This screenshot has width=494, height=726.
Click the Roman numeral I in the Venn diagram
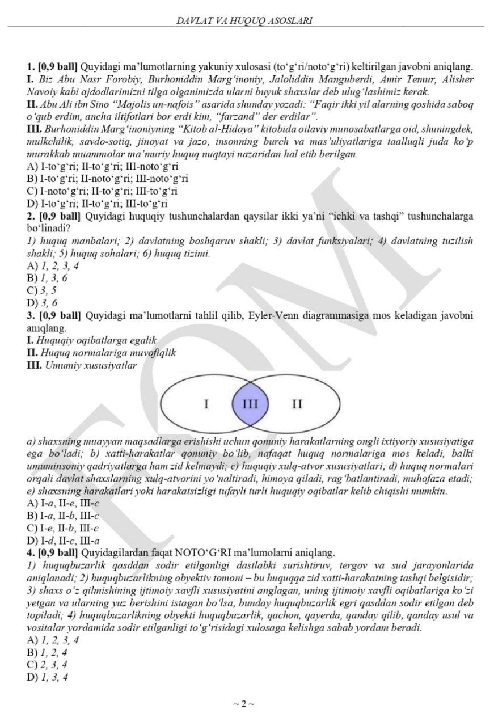click(206, 404)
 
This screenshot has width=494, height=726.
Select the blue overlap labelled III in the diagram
click(250, 404)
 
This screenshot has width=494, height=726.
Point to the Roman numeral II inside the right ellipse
click(297, 404)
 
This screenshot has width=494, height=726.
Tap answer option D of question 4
click(48, 677)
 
